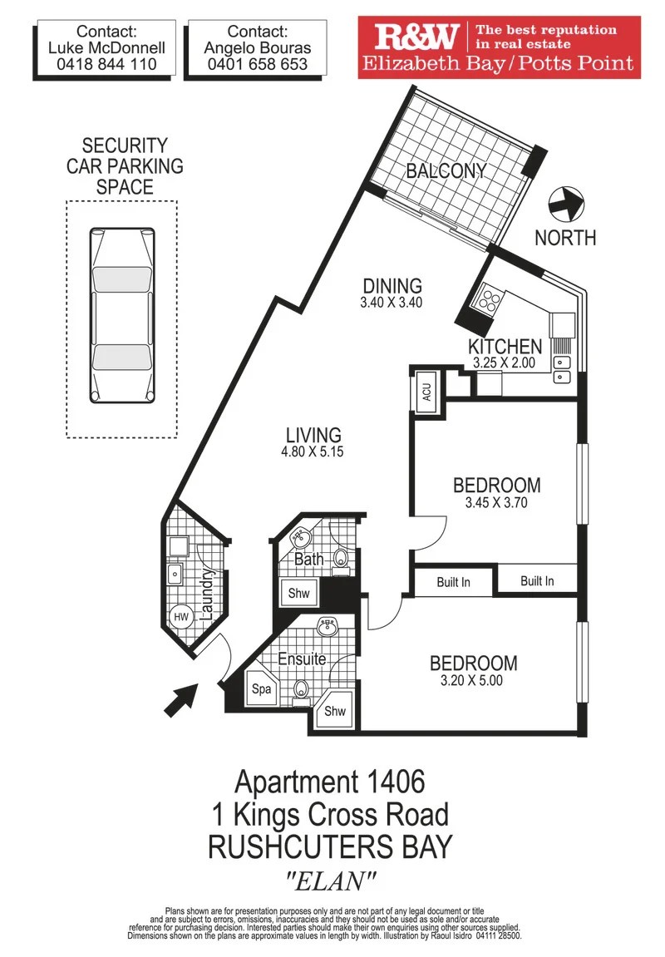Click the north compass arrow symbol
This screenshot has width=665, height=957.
568,203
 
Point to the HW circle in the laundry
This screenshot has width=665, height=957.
180,616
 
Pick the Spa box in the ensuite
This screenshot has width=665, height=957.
263,689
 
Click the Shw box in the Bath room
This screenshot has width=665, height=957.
298,594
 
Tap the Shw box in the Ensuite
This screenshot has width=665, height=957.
335,712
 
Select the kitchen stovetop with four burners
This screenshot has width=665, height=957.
487,300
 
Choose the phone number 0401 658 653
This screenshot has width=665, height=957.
257,64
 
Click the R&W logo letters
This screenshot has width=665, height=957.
416,37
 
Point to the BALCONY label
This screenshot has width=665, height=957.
446,171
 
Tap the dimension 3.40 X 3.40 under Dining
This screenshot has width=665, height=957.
392,303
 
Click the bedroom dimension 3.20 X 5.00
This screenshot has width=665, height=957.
473,680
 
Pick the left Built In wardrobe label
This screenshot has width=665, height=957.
453,582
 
